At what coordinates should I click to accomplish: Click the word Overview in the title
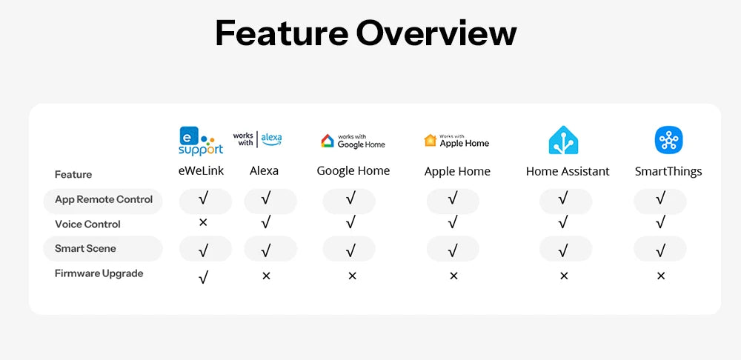(x=436, y=33)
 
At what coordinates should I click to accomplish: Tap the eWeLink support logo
(x=201, y=141)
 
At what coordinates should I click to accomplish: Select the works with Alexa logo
(x=258, y=139)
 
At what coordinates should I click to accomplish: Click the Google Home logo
(x=353, y=141)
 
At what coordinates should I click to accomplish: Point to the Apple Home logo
(x=456, y=140)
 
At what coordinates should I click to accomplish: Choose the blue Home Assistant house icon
(x=563, y=140)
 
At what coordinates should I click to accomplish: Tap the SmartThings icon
(x=668, y=140)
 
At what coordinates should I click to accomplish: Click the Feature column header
(x=73, y=174)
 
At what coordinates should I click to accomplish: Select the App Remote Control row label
(x=104, y=199)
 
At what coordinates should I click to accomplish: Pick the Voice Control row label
(x=87, y=224)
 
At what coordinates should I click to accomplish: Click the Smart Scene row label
(x=85, y=248)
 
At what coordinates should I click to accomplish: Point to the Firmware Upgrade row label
(x=99, y=273)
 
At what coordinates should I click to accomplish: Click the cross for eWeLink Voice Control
(x=203, y=222)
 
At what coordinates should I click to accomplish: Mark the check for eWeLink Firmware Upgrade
(x=203, y=278)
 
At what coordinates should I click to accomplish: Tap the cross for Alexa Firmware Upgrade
(x=266, y=276)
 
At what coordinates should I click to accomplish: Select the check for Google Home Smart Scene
(x=350, y=250)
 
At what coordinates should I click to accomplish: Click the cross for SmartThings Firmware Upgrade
(x=661, y=276)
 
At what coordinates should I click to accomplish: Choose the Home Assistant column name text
(x=568, y=171)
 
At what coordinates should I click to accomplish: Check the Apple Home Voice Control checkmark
(x=453, y=222)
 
